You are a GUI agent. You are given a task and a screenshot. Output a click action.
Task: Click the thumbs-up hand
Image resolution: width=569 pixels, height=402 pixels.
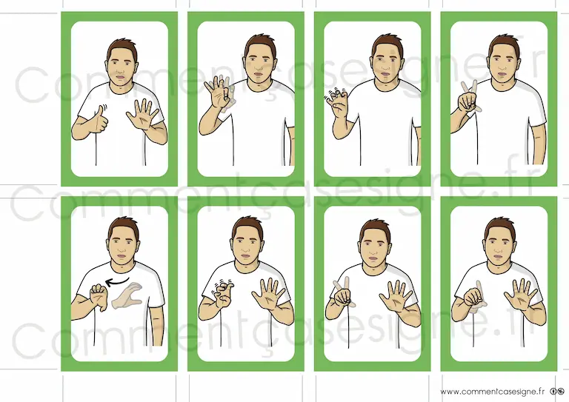(x=101, y=120)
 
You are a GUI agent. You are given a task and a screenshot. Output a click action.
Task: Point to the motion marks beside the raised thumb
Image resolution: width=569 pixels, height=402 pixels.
(x=104, y=107)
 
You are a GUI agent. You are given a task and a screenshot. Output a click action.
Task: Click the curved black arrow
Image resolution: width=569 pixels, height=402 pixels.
(x=117, y=281)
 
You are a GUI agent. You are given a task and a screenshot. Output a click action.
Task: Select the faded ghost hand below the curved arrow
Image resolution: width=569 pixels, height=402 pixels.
(x=127, y=296)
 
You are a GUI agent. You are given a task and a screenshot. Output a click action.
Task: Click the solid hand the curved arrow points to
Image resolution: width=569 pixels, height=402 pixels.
(x=99, y=297)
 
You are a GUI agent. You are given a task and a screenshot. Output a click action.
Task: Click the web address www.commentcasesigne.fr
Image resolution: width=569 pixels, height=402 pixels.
(x=493, y=392)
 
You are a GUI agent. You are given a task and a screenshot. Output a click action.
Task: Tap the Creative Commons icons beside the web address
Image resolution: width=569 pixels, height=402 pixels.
(x=557, y=392)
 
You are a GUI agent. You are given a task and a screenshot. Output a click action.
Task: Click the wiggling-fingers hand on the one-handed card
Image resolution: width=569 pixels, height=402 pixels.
(x=337, y=103)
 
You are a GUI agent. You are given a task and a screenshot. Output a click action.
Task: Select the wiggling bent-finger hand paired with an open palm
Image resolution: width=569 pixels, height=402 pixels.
(x=222, y=295)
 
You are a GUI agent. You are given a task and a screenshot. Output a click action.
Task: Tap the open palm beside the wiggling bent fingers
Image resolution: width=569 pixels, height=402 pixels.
(x=269, y=294)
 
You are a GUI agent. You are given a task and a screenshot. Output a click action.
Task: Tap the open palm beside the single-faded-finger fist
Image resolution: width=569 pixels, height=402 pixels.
(x=521, y=295)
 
